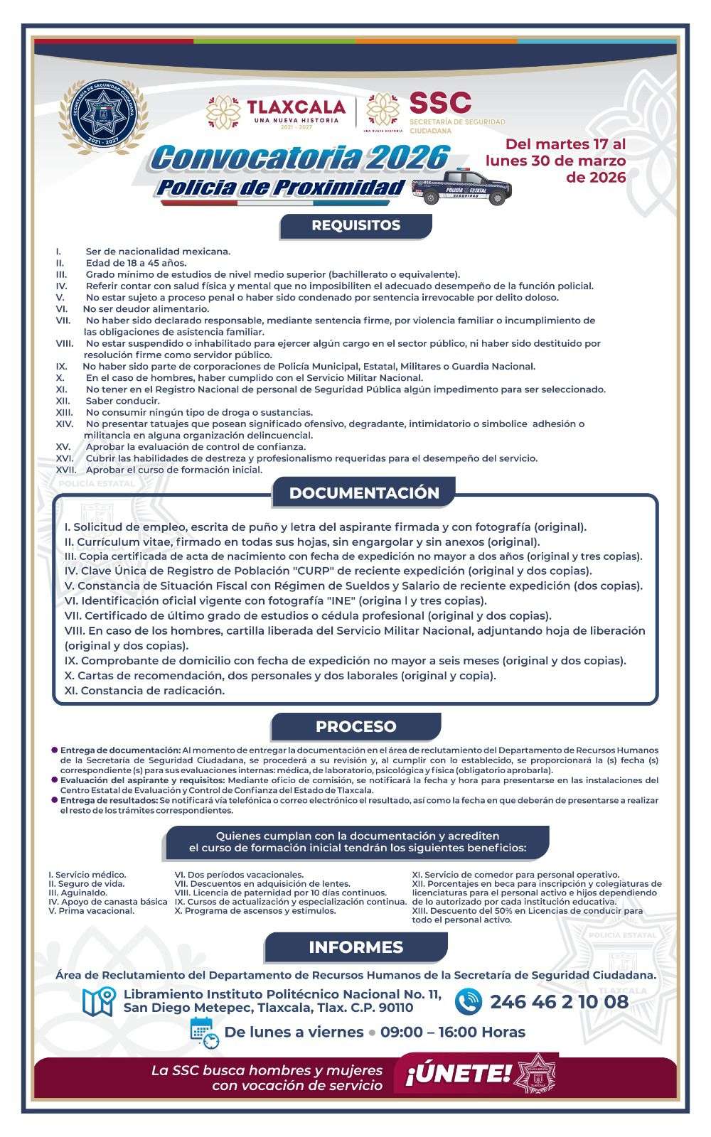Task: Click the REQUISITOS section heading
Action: [355, 226]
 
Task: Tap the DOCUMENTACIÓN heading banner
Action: [364, 492]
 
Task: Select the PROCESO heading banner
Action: [355, 726]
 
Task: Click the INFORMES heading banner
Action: [355, 947]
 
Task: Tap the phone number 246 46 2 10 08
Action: [559, 1002]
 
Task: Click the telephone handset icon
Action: [469, 1002]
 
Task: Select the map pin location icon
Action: [99, 1001]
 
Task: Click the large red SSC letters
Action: [440, 104]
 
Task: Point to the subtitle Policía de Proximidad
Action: [281, 188]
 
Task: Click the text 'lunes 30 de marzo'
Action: [555, 161]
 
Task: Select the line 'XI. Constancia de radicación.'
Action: [144, 690]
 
